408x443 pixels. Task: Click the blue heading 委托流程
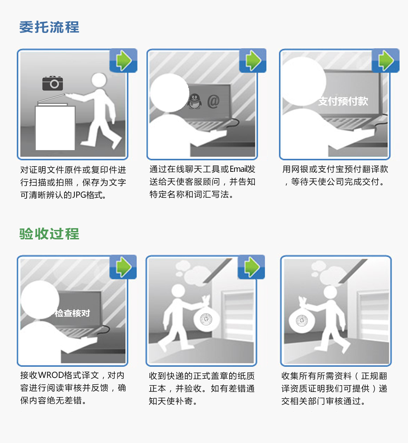[x=49, y=27]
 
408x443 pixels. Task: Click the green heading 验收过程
[x=49, y=234]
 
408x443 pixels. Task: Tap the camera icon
[x=53, y=83]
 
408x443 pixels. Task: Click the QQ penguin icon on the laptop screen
[x=195, y=101]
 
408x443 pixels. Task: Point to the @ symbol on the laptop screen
[x=213, y=101]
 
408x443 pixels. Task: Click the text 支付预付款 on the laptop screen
[x=343, y=101]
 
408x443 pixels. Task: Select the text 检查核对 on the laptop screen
[x=72, y=313]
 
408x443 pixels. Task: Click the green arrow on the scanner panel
[x=124, y=61]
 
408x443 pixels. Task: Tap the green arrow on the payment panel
[x=386, y=61]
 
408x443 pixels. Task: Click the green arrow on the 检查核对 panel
[x=124, y=267]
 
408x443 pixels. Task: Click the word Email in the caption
[x=238, y=169]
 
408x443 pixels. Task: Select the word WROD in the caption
[x=51, y=375]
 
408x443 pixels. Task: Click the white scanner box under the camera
[x=55, y=128]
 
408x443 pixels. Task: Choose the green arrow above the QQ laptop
[x=253, y=61]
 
